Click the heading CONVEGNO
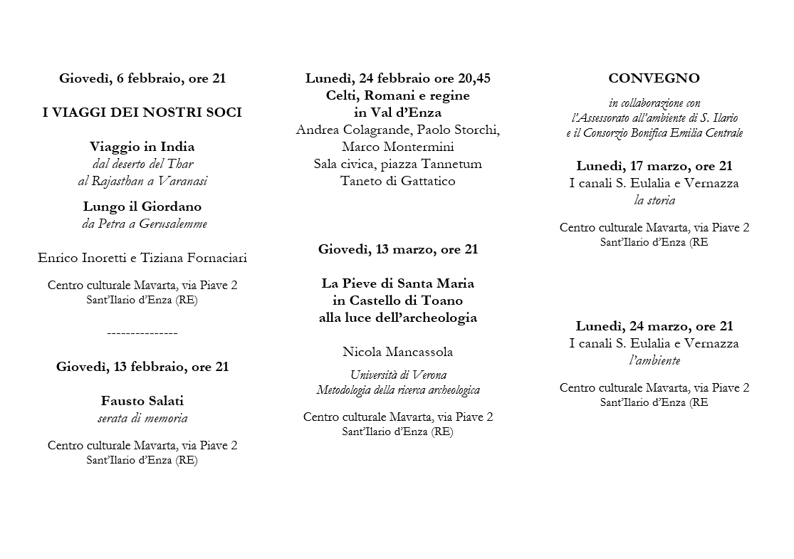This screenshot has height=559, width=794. point(654,78)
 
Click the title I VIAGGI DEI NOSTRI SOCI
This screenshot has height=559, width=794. point(142,113)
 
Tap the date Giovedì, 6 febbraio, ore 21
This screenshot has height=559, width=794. point(142,78)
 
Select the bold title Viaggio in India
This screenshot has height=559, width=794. point(142,147)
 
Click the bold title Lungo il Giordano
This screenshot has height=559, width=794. point(142,207)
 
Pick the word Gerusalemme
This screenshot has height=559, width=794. point(174,224)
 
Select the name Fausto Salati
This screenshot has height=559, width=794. point(142,401)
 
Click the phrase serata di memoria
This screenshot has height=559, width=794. point(142,418)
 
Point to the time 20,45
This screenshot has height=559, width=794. point(472,78)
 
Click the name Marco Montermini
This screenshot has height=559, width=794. point(397,147)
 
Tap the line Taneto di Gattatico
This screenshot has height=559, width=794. point(397,181)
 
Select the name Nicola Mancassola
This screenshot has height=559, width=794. point(397,352)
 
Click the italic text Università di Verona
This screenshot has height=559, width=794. point(397,375)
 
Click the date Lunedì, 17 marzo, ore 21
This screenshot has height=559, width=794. point(654,166)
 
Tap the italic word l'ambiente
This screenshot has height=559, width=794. point(654,360)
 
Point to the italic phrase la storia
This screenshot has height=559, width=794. point(654,200)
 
